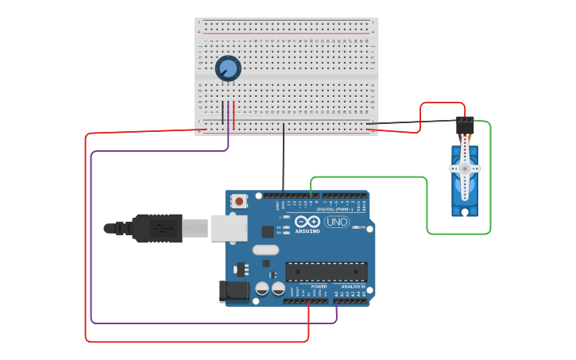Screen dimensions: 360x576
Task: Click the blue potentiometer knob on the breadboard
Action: tap(228, 69)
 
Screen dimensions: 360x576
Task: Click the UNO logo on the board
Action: tap(338, 223)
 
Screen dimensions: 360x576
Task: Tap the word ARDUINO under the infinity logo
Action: tap(307, 231)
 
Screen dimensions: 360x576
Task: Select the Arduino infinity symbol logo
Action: tap(307, 222)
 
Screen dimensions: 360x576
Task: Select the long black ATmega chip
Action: tap(327, 272)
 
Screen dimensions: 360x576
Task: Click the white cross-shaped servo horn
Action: tap(465, 168)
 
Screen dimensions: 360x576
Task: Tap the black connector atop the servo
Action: tap(465, 126)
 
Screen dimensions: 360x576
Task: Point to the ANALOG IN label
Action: tap(354, 286)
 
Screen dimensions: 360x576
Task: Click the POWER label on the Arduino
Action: tap(319, 286)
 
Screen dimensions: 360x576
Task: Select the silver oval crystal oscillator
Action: tap(267, 250)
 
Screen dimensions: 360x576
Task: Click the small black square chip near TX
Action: tap(267, 231)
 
